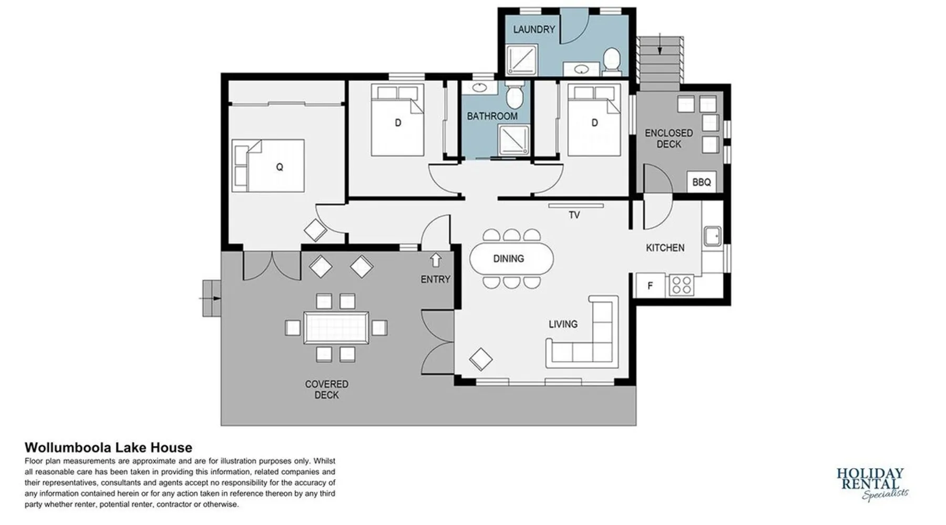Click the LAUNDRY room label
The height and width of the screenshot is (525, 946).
(534, 29)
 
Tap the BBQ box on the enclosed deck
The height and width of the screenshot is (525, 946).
(702, 182)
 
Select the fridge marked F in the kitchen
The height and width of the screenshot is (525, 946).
(651, 286)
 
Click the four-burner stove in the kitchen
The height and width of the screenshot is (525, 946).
(681, 286)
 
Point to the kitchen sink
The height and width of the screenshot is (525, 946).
(713, 236)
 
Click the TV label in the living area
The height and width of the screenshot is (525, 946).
(574, 215)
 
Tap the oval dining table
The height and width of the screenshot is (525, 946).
(511, 258)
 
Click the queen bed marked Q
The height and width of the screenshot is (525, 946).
(268, 165)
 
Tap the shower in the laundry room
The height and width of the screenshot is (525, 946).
(522, 59)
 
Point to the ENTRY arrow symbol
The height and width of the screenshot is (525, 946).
(436, 260)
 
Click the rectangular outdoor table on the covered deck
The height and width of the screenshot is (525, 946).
(336, 328)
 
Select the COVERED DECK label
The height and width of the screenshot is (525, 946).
(326, 390)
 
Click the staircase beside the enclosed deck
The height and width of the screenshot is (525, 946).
(661, 60)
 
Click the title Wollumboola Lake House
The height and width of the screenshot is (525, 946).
(108, 447)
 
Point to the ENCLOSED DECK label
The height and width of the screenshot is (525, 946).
(669, 139)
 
